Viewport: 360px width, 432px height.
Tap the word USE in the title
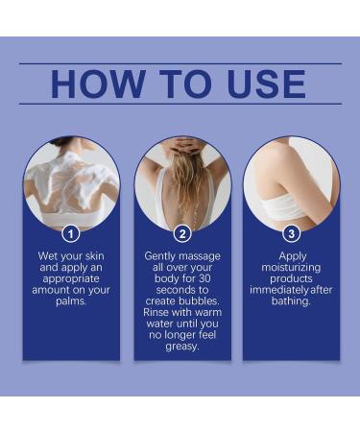[266, 84]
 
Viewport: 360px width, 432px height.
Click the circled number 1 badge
[71, 234]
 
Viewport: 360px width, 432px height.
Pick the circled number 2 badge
[182, 234]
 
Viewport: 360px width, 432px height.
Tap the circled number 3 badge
[292, 234]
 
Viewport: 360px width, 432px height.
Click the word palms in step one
[71, 301]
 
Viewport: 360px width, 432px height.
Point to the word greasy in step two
[182, 347]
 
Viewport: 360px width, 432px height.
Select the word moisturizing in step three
[291, 268]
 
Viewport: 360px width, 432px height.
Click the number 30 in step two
[204, 278]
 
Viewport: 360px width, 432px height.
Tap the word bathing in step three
[291, 301]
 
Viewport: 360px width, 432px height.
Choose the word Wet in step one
[48, 256]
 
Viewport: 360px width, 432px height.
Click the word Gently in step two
[160, 256]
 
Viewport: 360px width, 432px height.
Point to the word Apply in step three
[293, 256]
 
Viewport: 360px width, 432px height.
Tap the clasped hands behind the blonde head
[181, 144]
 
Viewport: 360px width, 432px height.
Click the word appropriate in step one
[71, 279]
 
